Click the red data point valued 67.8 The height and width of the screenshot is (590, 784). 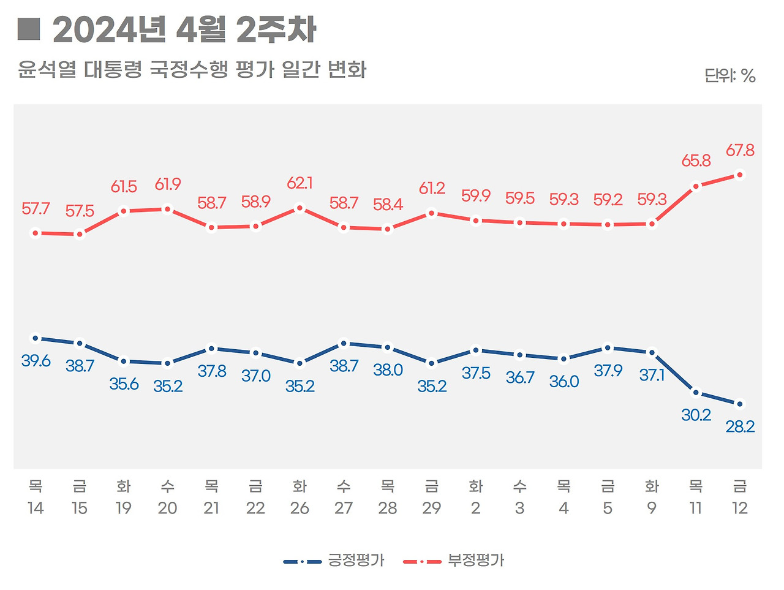(x=740, y=175)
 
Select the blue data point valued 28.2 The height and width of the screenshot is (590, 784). (x=740, y=404)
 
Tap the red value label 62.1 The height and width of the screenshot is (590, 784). (x=300, y=183)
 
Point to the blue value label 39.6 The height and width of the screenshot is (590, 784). (x=36, y=361)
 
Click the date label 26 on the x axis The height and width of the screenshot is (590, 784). (x=300, y=509)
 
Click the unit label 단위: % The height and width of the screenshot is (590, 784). (x=729, y=76)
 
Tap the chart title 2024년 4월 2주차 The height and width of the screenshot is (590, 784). (x=184, y=30)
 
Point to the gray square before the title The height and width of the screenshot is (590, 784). (x=28, y=29)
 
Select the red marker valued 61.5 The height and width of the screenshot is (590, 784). (x=124, y=211)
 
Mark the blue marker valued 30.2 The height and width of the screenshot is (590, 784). (x=696, y=392)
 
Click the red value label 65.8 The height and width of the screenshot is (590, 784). (x=696, y=161)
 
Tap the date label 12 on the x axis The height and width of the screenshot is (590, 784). (x=740, y=509)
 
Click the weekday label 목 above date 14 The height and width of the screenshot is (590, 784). (x=36, y=486)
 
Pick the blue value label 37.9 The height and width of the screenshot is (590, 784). (x=608, y=371)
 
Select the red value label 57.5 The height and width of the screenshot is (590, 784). (x=80, y=211)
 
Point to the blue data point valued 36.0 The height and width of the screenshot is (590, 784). (x=563, y=359)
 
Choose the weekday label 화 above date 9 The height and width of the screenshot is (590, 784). (x=652, y=486)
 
